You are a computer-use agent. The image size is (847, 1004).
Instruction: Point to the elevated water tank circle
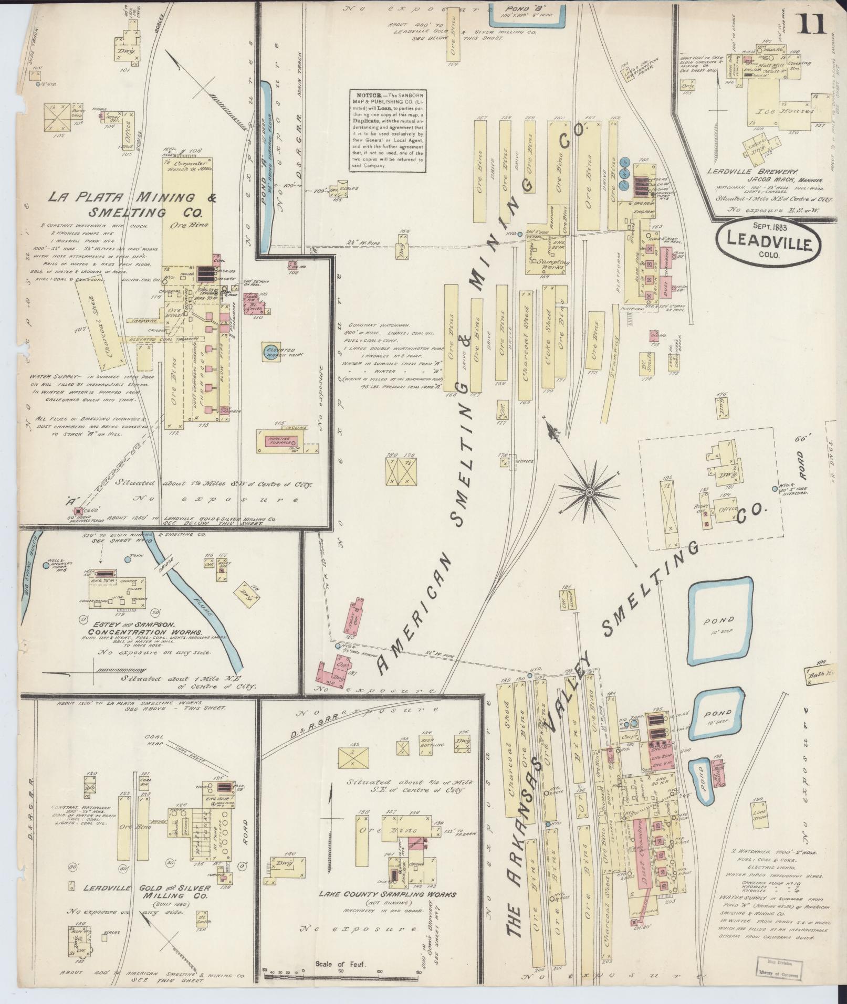tap(273, 352)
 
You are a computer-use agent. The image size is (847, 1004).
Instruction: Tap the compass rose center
tap(589, 491)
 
